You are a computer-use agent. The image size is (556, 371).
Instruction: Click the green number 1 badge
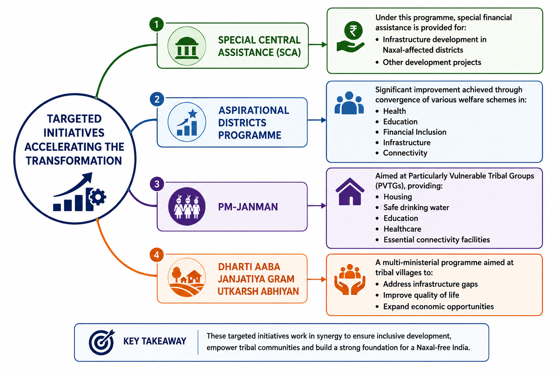coord(156,24)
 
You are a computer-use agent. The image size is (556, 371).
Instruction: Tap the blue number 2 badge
coord(157,99)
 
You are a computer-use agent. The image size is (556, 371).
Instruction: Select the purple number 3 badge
coord(157,184)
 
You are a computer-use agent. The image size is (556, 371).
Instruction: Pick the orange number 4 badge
coord(156,255)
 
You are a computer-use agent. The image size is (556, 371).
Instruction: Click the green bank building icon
coord(187,48)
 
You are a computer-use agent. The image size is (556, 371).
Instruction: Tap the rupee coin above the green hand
coord(353,30)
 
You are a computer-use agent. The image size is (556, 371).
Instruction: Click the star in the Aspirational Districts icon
coord(193,113)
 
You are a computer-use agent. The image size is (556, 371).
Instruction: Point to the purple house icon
coord(350,192)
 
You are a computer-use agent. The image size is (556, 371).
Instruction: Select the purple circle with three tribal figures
coord(187,207)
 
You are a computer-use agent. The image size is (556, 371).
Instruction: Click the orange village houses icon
coord(187,278)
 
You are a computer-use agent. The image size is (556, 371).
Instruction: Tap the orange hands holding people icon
coord(350,279)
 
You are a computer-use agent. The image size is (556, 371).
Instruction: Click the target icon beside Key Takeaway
coord(102,342)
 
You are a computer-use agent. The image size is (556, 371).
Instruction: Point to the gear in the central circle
coord(97,197)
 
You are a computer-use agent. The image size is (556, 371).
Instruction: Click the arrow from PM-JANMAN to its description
coord(317,206)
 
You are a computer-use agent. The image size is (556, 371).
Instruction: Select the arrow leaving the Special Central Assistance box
coord(318,45)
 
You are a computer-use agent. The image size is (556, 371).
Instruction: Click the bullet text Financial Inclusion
coord(414,132)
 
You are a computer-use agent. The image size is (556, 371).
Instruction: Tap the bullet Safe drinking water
coord(416,207)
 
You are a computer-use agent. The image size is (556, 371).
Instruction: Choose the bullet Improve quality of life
coord(421,295)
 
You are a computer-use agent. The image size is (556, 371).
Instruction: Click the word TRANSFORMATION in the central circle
coord(74,161)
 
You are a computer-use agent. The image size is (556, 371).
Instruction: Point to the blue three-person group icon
coord(349,103)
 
